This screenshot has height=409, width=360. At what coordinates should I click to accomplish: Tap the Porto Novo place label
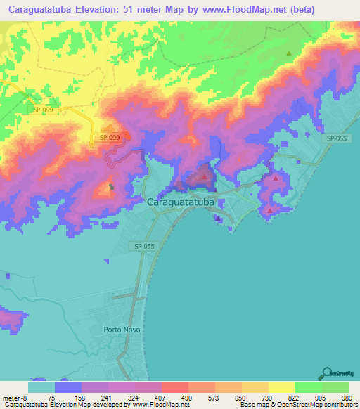click(x=122, y=329)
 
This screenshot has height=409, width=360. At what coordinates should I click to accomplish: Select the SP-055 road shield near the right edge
click(x=336, y=139)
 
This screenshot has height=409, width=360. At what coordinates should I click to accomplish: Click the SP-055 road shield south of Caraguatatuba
click(x=142, y=246)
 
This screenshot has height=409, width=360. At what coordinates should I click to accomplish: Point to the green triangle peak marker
click(x=288, y=53)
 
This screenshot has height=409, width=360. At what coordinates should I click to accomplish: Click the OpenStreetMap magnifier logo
click(x=326, y=373)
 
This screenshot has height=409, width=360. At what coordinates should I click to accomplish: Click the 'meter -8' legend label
click(x=15, y=398)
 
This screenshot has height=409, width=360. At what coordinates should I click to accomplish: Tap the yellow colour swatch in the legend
click(x=281, y=387)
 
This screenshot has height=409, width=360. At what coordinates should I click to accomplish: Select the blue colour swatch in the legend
click(x=68, y=387)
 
